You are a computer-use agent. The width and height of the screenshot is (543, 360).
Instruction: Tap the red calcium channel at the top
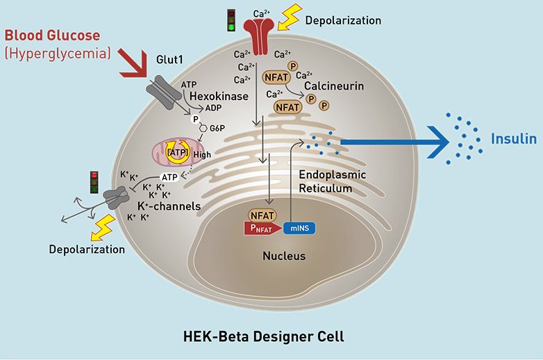(x=261, y=36)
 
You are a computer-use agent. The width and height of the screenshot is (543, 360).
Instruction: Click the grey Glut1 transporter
(x=163, y=90)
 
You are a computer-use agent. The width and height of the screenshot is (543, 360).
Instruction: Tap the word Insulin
(x=514, y=139)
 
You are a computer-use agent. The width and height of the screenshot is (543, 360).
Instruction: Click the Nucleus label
(x=284, y=256)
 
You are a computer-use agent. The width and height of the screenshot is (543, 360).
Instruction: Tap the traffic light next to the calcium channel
(x=232, y=19)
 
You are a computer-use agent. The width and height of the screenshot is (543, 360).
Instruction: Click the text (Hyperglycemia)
(x=58, y=53)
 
